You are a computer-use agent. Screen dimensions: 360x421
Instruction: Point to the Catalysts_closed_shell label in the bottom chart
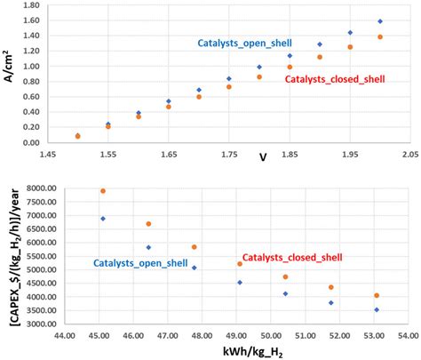click(293, 256)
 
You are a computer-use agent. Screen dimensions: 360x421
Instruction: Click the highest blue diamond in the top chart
click(380, 21)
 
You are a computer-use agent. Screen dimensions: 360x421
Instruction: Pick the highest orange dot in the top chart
click(380, 37)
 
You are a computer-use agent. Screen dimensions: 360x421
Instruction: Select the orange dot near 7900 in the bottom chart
click(103, 191)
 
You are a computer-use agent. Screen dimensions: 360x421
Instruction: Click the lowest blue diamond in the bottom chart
click(377, 309)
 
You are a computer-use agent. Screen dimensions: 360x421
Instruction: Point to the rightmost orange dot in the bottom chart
click(377, 295)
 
